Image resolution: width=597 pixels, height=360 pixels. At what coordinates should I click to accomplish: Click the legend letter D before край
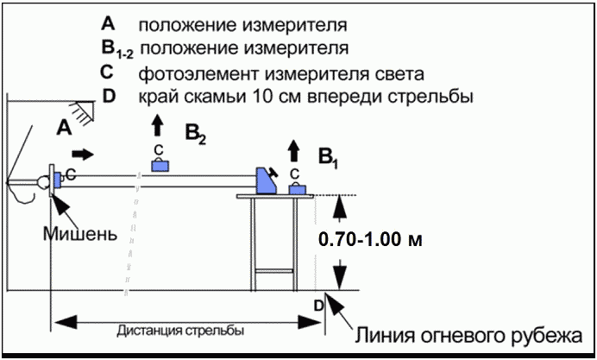(108, 95)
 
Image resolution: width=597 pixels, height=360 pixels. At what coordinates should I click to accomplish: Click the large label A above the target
(63, 128)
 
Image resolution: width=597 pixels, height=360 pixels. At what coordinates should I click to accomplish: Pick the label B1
(327, 157)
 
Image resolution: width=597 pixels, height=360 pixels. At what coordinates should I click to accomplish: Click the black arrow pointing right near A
(83, 155)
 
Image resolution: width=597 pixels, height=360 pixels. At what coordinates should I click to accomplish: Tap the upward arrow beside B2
(157, 125)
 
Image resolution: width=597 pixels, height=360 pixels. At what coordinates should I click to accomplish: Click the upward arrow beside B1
(293, 150)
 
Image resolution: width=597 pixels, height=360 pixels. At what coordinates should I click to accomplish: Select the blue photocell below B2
(160, 166)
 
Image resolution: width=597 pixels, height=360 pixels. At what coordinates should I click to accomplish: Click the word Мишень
(79, 233)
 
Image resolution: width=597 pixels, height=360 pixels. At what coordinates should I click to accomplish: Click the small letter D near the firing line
(317, 304)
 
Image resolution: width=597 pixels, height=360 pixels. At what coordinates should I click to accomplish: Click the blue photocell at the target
(60, 179)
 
